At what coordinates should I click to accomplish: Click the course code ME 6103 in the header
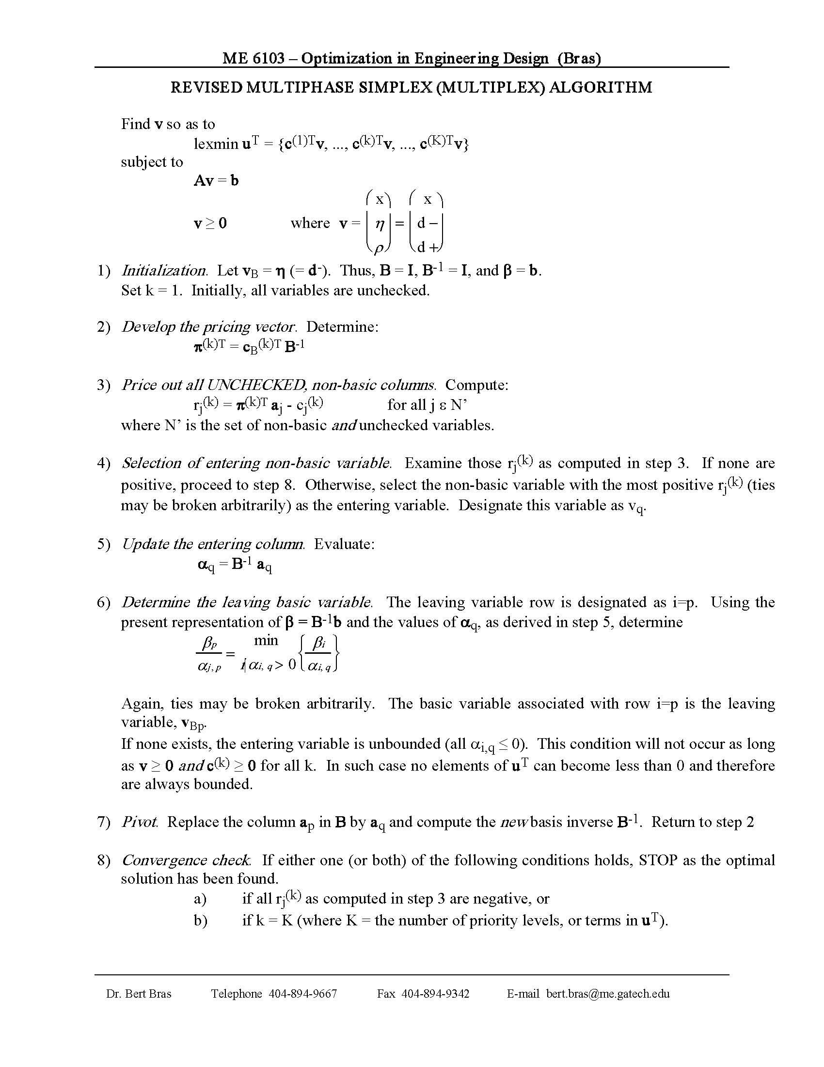click(x=254, y=59)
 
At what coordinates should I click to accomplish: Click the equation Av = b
click(x=216, y=181)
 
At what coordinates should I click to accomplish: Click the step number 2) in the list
click(x=104, y=327)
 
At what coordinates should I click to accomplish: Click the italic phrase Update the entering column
click(x=213, y=544)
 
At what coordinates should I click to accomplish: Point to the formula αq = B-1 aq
click(x=235, y=565)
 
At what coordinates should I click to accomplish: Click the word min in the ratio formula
click(x=266, y=640)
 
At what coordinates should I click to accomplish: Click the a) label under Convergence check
click(x=200, y=899)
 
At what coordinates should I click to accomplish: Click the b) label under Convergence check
click(x=200, y=921)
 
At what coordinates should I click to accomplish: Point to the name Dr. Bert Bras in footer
click(x=139, y=994)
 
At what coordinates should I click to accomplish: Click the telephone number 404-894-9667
click(x=302, y=994)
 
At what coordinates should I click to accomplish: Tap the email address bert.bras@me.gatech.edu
click(x=608, y=994)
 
